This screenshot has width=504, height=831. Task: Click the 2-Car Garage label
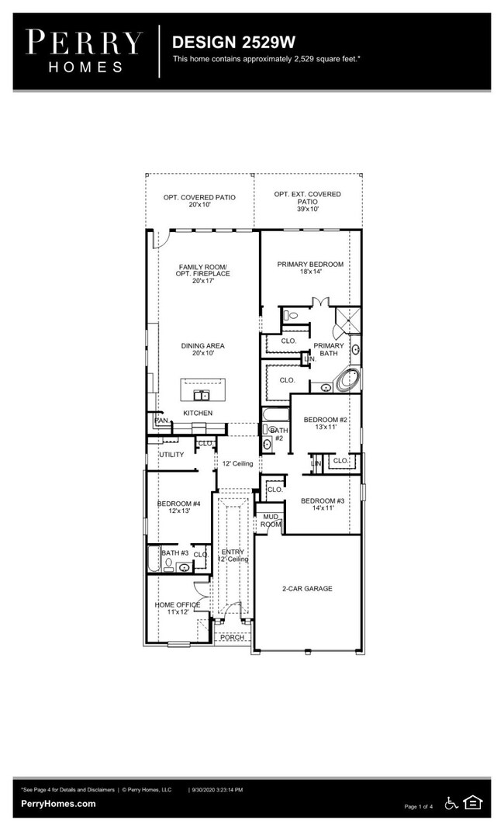pyautogui.click(x=307, y=589)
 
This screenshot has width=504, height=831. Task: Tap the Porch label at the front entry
pyautogui.click(x=232, y=637)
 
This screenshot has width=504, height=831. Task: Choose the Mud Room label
pyautogui.click(x=271, y=521)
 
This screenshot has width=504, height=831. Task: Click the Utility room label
pyautogui.click(x=171, y=455)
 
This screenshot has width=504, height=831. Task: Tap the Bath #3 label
pyautogui.click(x=175, y=553)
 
